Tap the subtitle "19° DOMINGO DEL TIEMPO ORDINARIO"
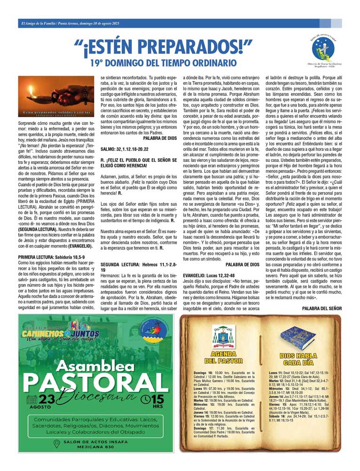pos(163,62)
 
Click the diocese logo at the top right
pos(323,50)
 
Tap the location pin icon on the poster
pos(57,443)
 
